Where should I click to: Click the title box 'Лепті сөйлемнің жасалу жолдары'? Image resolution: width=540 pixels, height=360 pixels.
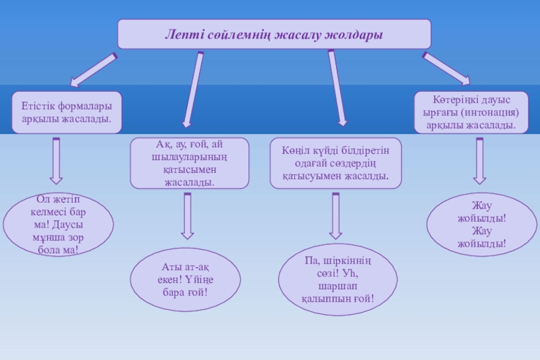pos(274,34)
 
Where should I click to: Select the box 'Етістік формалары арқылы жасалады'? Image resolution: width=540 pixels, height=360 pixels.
pos(66,112)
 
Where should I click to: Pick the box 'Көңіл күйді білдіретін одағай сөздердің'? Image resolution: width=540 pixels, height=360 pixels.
pos(335,163)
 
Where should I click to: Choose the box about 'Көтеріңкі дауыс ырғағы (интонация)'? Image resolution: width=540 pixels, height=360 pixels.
pos(470,112)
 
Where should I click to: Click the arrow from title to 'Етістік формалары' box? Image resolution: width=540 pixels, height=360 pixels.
pos(94,70)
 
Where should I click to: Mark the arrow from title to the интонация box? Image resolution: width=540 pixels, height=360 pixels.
pos(446,68)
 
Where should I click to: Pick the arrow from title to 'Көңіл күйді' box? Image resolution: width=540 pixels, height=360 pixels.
pos(337,88)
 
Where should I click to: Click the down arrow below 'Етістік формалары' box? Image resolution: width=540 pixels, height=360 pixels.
pos(56,161)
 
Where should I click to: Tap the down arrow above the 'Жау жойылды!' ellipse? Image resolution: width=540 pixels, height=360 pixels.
pos(479,161)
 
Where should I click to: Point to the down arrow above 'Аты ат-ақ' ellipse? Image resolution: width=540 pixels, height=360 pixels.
pos(187,216)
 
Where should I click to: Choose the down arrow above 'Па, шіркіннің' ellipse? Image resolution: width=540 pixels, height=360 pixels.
pos(335,216)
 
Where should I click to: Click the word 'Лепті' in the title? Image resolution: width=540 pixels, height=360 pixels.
pos(183,34)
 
